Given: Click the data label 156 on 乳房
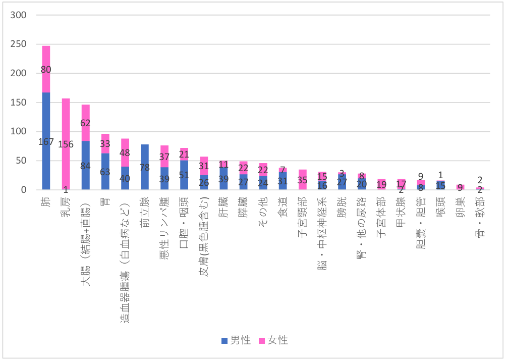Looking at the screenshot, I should coord(66,144).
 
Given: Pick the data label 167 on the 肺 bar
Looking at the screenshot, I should coord(46,142).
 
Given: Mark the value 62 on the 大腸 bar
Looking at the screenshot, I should coord(86,122).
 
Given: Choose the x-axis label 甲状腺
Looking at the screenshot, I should coord(402,207).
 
